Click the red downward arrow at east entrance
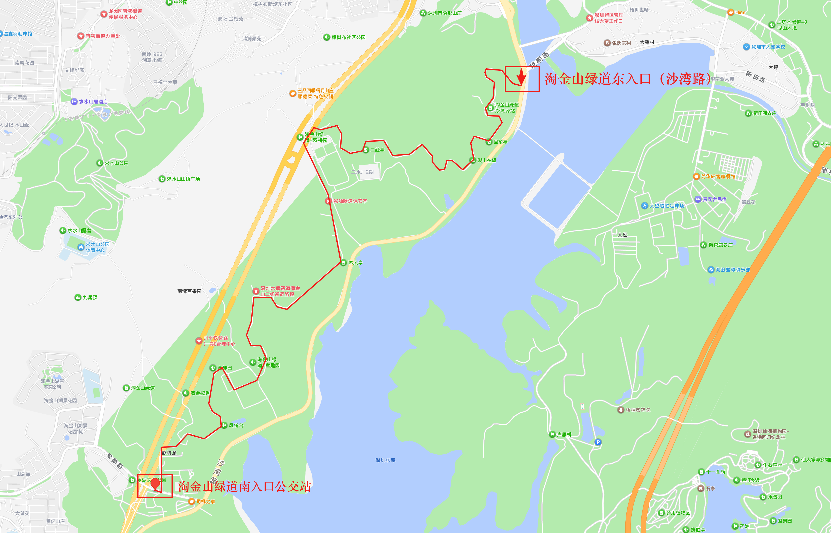pyautogui.click(x=521, y=77)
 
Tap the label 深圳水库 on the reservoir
pyautogui.click(x=385, y=460)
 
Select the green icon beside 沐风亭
pyautogui.click(x=343, y=263)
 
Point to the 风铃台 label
pyautogui.click(x=236, y=425)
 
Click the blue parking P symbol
pyautogui.click(x=598, y=442)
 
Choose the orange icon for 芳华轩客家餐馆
pyautogui.click(x=696, y=177)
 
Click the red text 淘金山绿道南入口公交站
pyautogui.click(x=244, y=486)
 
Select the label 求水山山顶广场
pyautogui.click(x=183, y=179)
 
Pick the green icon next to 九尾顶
pyautogui.click(x=78, y=297)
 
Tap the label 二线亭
pyautogui.click(x=377, y=150)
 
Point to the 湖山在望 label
pyautogui.click(x=487, y=160)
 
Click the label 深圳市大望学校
pyautogui.click(x=768, y=47)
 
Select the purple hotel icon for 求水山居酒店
pyautogui.click(x=74, y=101)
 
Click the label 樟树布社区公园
pyautogui.click(x=348, y=37)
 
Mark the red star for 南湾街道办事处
pyautogui.click(x=81, y=36)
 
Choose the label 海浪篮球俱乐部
pyautogui.click(x=733, y=270)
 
